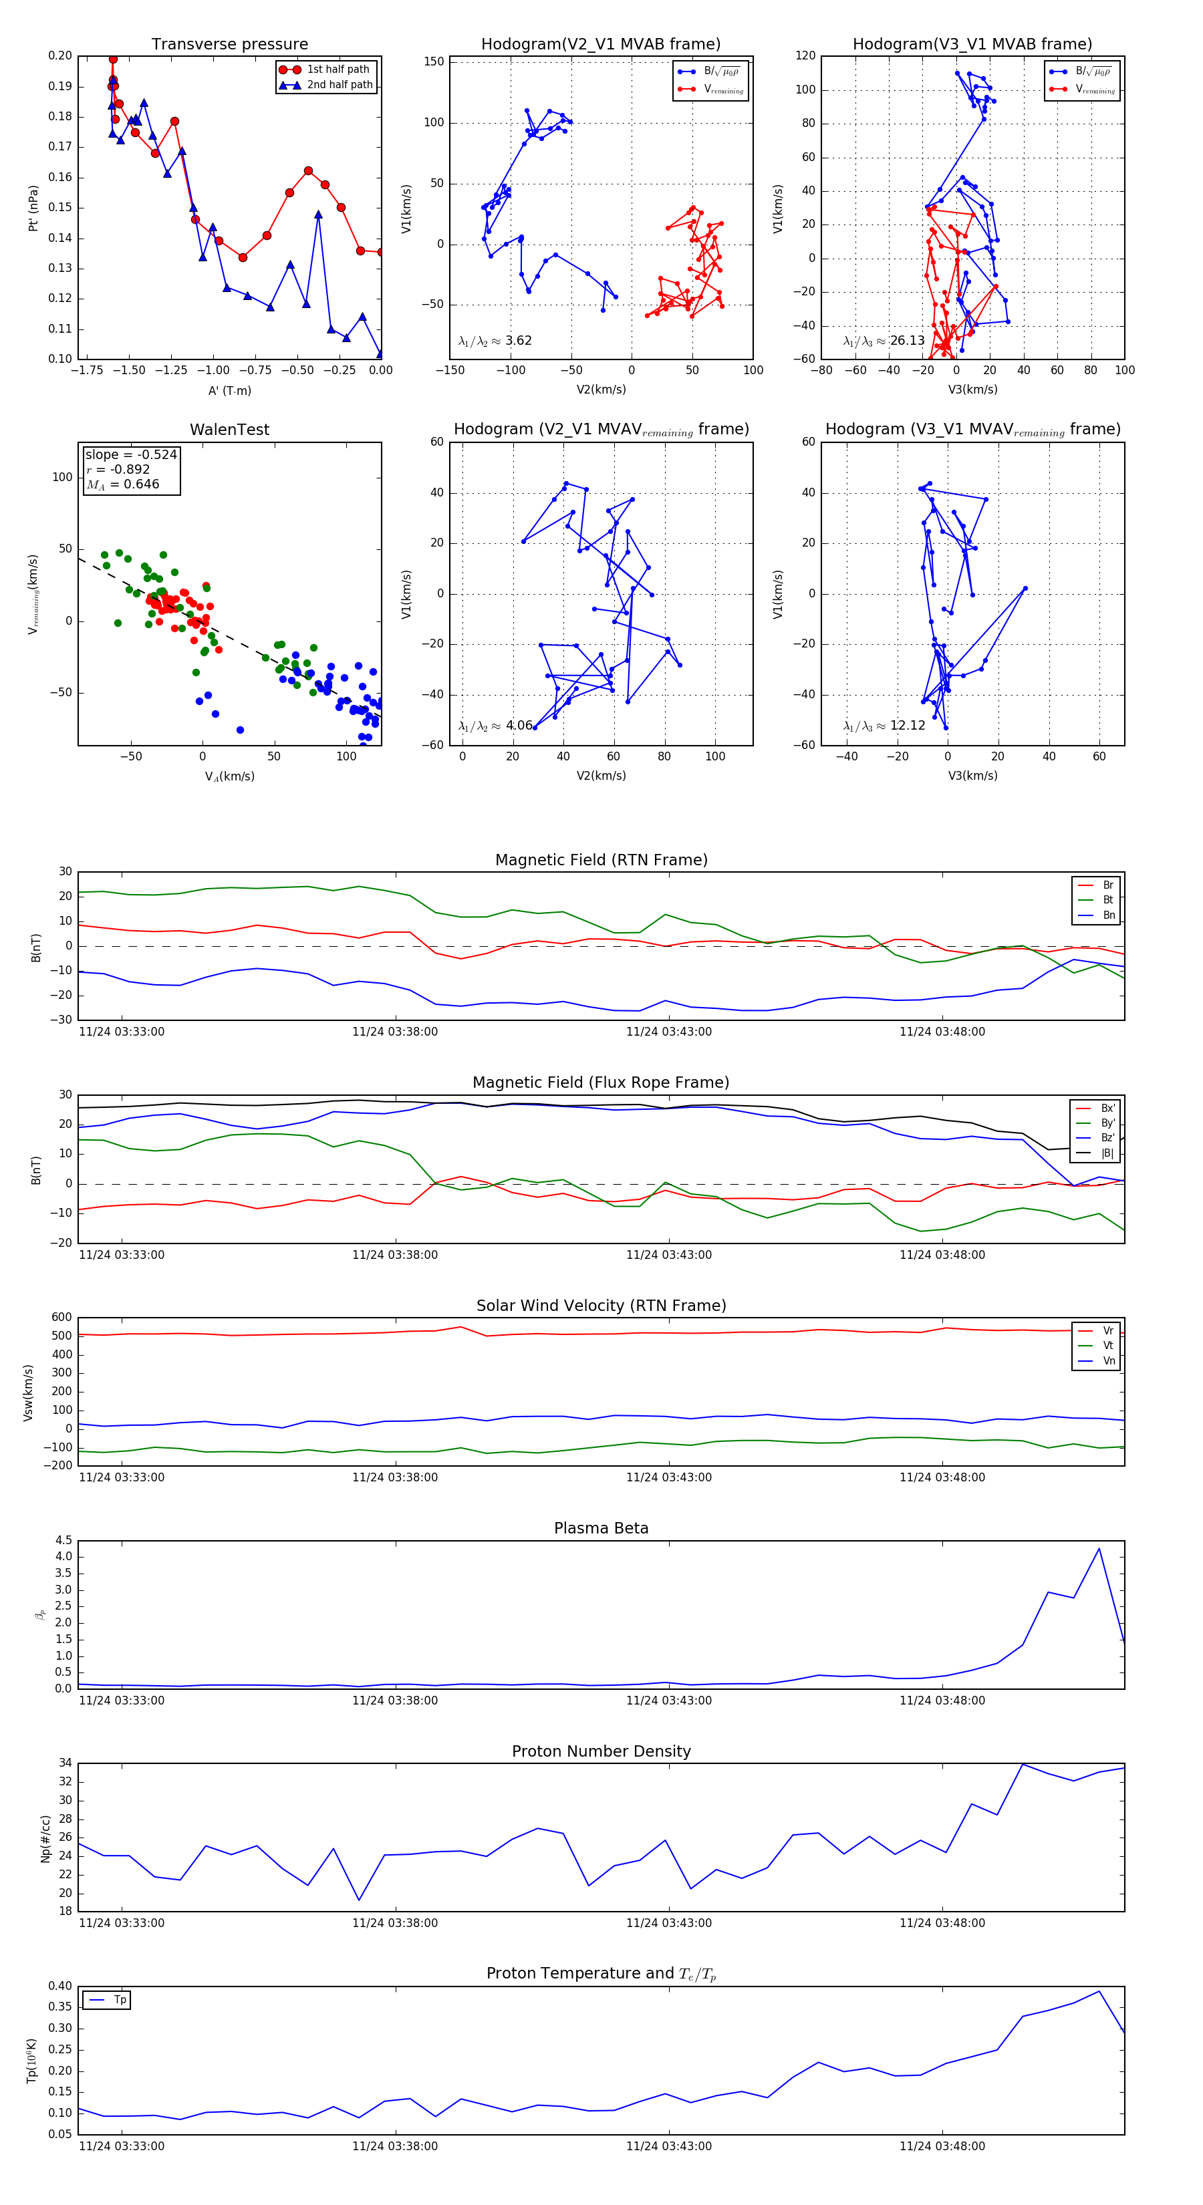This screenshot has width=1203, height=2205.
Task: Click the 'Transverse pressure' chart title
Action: [x=229, y=45]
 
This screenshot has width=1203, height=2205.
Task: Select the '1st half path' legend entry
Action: [x=338, y=69]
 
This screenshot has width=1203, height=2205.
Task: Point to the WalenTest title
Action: [x=229, y=430]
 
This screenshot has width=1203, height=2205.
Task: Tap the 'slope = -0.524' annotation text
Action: [x=131, y=454]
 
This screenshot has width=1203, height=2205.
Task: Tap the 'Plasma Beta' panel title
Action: [x=601, y=1528]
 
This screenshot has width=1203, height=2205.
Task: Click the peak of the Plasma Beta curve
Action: [x=1099, y=1548]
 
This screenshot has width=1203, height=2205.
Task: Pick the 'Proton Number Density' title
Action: [x=601, y=1751]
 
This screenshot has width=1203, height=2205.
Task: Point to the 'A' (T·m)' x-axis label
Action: [x=229, y=390]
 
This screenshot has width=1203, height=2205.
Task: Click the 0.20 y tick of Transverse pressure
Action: [x=60, y=55]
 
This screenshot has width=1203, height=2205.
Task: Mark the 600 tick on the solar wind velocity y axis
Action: [x=61, y=1318]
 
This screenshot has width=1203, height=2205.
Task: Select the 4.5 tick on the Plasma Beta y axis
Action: [x=63, y=1540]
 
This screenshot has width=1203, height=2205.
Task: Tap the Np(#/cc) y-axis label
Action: [x=46, y=1839]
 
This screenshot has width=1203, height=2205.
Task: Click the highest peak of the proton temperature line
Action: [x=1099, y=1991]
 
